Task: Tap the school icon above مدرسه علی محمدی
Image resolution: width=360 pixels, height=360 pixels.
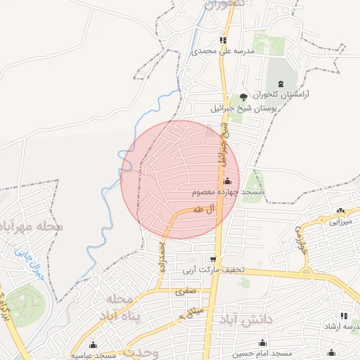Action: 223,41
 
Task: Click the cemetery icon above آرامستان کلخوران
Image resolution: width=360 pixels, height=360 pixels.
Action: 283,82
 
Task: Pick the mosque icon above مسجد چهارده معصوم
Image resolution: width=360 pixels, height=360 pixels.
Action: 226,181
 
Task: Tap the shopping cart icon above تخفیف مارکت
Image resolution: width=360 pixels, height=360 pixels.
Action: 213,259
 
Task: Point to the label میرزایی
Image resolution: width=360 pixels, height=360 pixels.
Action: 340,221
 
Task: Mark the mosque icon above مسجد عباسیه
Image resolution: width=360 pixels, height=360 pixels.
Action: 93,345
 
